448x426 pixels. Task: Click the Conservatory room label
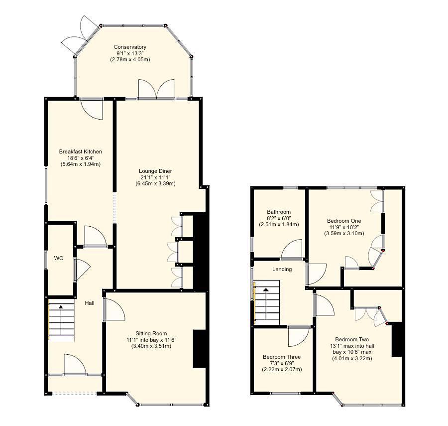click(130, 47)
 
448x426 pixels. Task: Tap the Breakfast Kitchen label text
click(80, 151)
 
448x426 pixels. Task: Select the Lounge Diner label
click(155, 171)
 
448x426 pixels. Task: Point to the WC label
click(59, 259)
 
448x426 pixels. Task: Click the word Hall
click(89, 303)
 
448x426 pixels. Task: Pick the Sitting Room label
click(151, 333)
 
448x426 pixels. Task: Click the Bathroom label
click(279, 212)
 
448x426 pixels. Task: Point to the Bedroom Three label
click(282, 357)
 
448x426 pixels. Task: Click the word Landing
click(282, 269)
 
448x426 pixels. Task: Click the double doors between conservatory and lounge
click(157, 90)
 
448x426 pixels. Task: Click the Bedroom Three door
click(299, 335)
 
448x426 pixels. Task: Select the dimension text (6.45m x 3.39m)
click(155, 183)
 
